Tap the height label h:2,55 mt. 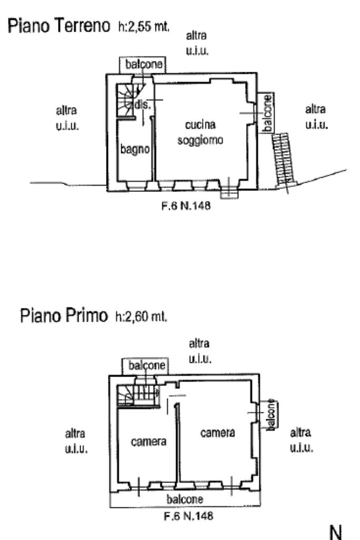[x=143, y=27]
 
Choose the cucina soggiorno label [x=200, y=133]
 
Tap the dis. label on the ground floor [x=142, y=104]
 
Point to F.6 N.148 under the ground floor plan [x=186, y=207]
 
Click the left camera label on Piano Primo [x=149, y=442]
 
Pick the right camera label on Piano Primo [x=218, y=432]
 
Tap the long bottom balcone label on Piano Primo [x=185, y=499]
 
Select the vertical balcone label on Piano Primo [x=270, y=415]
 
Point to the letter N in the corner [x=336, y=530]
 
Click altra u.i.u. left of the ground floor [x=67, y=119]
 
